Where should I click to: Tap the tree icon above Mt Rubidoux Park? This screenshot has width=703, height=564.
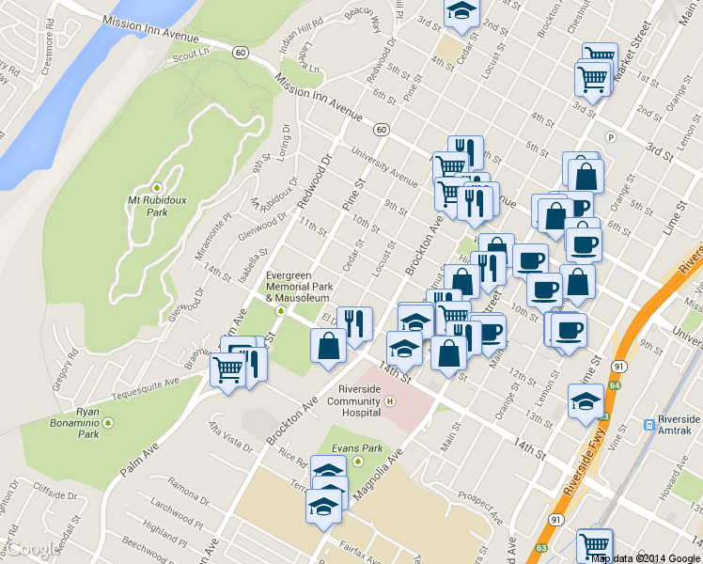(x=157, y=185)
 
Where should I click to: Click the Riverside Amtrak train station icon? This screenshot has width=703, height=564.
(x=649, y=425)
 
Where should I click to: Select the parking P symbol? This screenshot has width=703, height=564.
(x=610, y=137)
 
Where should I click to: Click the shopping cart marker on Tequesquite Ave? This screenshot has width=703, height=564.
(x=227, y=368)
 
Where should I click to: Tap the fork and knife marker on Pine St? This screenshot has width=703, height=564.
(x=354, y=324)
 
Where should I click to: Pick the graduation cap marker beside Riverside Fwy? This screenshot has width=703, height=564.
(x=586, y=399)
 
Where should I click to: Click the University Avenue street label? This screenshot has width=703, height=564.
(x=383, y=165)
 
